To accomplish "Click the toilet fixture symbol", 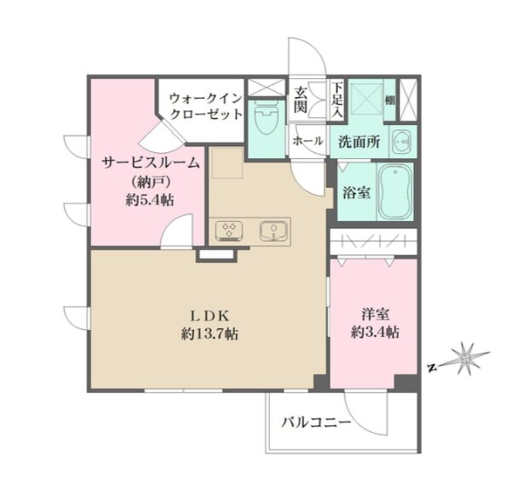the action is [266, 118].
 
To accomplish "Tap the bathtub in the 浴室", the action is [395, 192].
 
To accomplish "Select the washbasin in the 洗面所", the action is [400, 141].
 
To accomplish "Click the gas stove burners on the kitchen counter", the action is [229, 230].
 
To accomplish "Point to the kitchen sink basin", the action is [273, 230].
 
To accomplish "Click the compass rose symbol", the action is [464, 357].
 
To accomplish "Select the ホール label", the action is [307, 141].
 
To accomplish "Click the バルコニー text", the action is [316, 423].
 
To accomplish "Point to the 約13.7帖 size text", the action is [209, 334].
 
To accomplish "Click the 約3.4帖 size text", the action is [375, 332].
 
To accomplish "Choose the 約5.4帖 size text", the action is [150, 200].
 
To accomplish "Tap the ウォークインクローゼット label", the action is [205, 105].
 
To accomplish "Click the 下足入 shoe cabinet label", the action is [337, 100].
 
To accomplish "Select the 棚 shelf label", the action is [390, 100].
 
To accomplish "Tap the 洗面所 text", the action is [359, 142].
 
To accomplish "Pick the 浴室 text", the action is [356, 192].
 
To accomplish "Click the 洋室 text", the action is [376, 314].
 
